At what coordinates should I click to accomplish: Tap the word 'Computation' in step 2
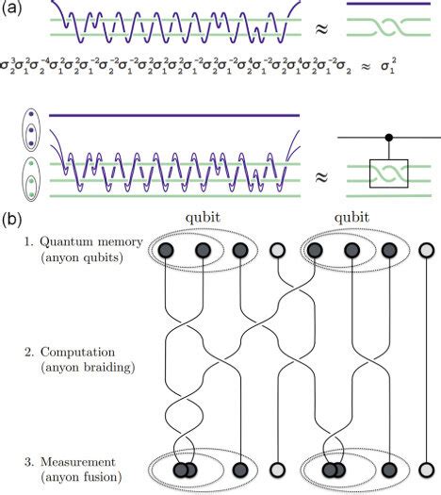tap(75, 349)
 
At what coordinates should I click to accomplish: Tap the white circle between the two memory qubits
tap(277, 252)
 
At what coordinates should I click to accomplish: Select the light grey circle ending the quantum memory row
tap(427, 252)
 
